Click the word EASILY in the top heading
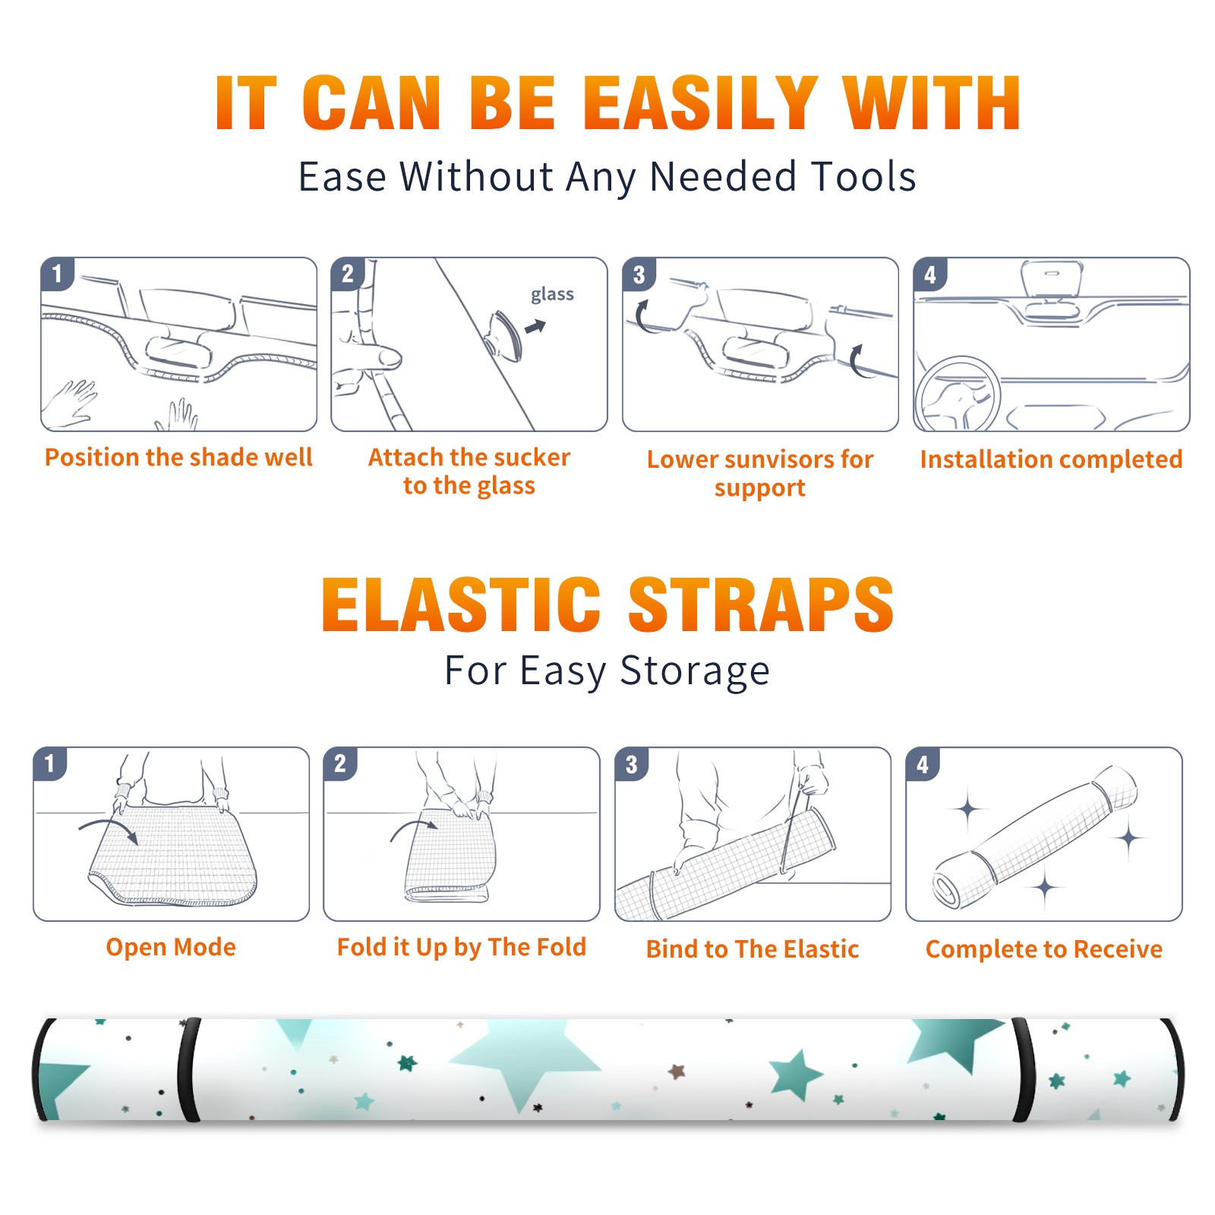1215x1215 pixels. point(701,103)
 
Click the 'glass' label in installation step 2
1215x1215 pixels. point(552,295)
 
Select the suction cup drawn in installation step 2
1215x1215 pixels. point(505,335)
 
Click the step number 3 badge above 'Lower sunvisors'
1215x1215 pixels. point(639,274)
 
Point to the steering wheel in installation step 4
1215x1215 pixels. point(958,394)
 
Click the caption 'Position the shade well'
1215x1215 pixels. point(178,458)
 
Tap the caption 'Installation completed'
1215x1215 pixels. point(1052,459)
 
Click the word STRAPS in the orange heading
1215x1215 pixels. point(761,604)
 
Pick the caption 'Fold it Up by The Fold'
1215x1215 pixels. point(462,947)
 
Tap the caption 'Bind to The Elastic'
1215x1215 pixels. point(753,949)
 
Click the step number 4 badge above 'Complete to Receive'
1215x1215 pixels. point(923,764)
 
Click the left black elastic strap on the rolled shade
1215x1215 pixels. point(188,1070)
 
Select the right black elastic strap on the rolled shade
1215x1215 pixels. point(1024,1070)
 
